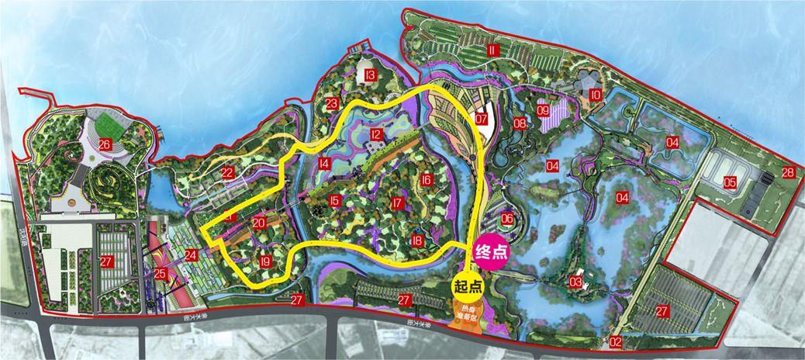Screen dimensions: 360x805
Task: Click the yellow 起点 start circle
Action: pyautogui.click(x=467, y=286)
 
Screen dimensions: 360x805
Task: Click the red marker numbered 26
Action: pyautogui.click(x=105, y=144)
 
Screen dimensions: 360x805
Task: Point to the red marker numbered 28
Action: pyautogui.click(x=788, y=172)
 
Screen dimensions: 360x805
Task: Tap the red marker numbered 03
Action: pyautogui.click(x=575, y=280)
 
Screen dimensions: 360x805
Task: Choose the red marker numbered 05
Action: pyautogui.click(x=730, y=182)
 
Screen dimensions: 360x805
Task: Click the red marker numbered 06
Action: pyautogui.click(x=507, y=220)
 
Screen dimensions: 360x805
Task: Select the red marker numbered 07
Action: pyautogui.click(x=482, y=119)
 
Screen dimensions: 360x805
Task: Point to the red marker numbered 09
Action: pyautogui.click(x=543, y=111)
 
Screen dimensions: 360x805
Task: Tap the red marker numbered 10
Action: pyautogui.click(x=596, y=95)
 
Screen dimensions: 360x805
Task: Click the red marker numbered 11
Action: pyautogui.click(x=492, y=50)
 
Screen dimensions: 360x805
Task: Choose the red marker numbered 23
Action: pyautogui.click(x=331, y=104)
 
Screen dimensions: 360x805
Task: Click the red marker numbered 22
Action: pyautogui.click(x=227, y=172)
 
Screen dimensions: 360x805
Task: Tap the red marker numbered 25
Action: pyautogui.click(x=161, y=273)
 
